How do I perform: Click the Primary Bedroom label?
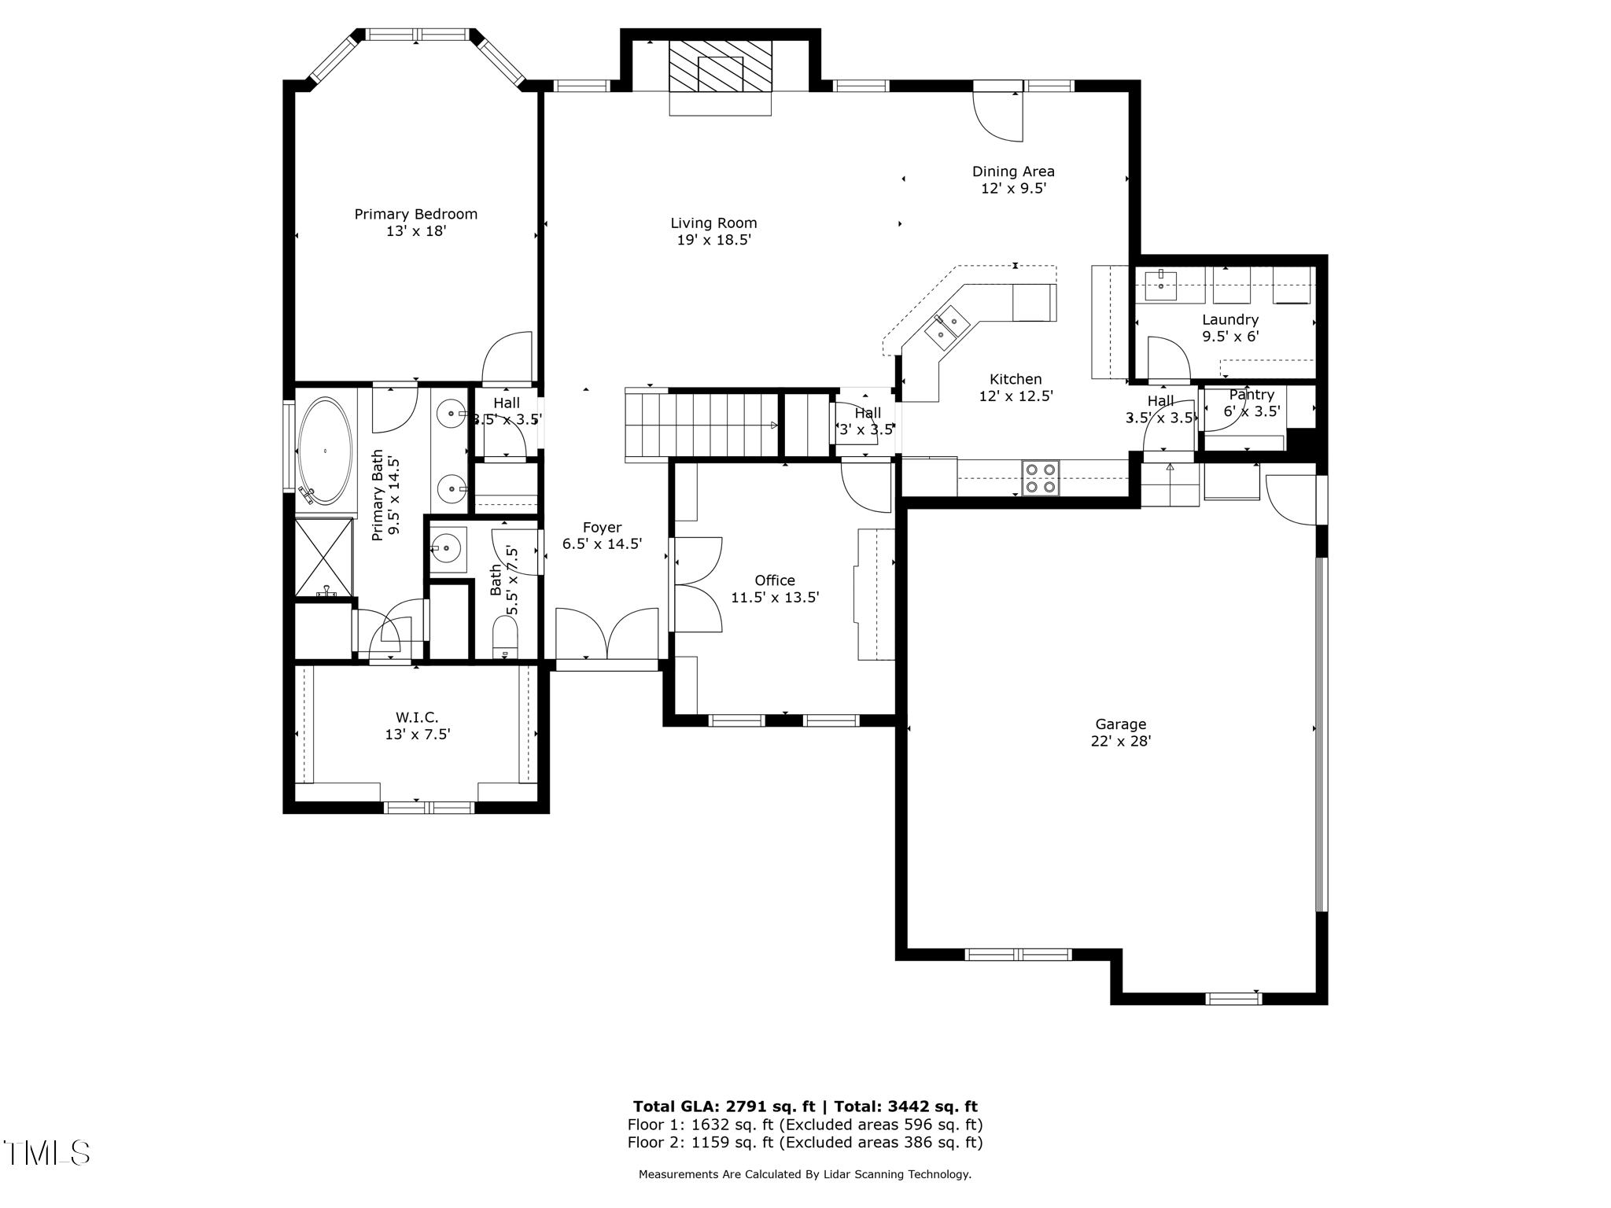[x=415, y=214]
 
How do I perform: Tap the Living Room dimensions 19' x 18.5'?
[x=713, y=241]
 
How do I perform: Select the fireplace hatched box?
[x=720, y=66]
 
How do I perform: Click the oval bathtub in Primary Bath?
[x=325, y=451]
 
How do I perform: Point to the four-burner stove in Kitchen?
[x=1040, y=478]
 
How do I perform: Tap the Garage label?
[x=1120, y=724]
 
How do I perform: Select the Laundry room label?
[x=1229, y=319]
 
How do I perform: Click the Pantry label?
[x=1251, y=395]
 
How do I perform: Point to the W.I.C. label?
[x=416, y=717]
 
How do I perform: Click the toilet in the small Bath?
[x=504, y=636]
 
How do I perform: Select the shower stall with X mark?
[x=323, y=557]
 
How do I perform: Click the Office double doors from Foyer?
[x=697, y=584]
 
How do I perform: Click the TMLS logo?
[x=46, y=1153]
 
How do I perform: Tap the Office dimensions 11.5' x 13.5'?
[x=775, y=598]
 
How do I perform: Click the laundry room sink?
[x=1160, y=285]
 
